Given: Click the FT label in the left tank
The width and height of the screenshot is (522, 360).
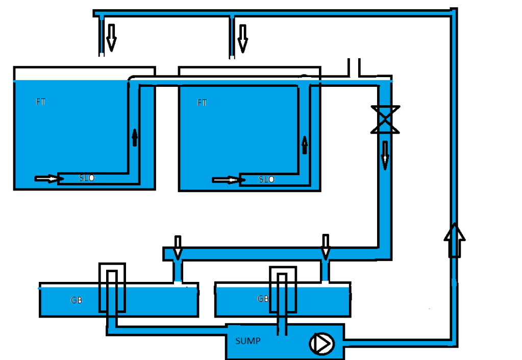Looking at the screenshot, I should click(41, 102).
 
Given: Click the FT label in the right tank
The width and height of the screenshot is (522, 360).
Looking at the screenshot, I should click(202, 103).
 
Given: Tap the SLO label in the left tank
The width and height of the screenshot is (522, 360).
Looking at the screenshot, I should click(87, 178).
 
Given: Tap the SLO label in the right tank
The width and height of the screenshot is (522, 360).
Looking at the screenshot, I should click(266, 180).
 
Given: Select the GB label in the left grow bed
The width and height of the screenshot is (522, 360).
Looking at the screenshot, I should click(77, 300).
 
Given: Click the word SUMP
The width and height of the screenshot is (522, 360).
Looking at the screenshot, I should click(247, 341).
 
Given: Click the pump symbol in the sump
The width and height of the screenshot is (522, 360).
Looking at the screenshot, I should click(320, 343).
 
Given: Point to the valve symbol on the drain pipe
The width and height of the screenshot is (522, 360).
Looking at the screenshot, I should click(385, 119).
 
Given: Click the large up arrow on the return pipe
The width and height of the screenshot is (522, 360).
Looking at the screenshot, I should click(455, 239).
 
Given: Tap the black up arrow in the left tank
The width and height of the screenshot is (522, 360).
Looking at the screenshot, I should click(135, 137).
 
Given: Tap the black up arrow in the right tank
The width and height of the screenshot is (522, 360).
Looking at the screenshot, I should click(305, 145).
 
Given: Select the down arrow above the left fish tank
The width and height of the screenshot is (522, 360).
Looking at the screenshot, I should click(111, 37).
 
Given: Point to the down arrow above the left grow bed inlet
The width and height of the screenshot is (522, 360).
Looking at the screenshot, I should click(178, 247).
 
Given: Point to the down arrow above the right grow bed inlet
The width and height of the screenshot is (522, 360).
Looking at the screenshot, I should click(326, 246).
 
